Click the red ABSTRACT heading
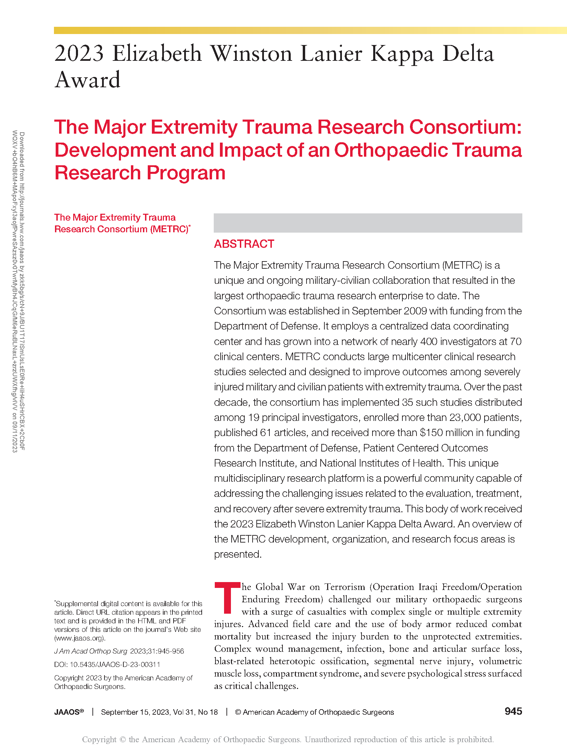pyautogui.click(x=244, y=244)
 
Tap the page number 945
pyautogui.click(x=513, y=711)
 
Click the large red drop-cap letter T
pyautogui.click(x=227, y=598)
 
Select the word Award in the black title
pyautogui.click(x=88, y=80)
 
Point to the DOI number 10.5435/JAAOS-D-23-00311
pyautogui.click(x=115, y=665)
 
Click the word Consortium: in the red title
pyautogui.click(x=465, y=127)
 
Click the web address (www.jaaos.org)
pyautogui.click(x=80, y=638)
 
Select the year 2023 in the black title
pyautogui.click(x=79, y=54)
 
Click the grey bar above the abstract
pyautogui.click(x=368, y=223)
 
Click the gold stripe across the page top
pyautogui.click(x=309, y=31)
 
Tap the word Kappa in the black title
pyautogui.click(x=402, y=54)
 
